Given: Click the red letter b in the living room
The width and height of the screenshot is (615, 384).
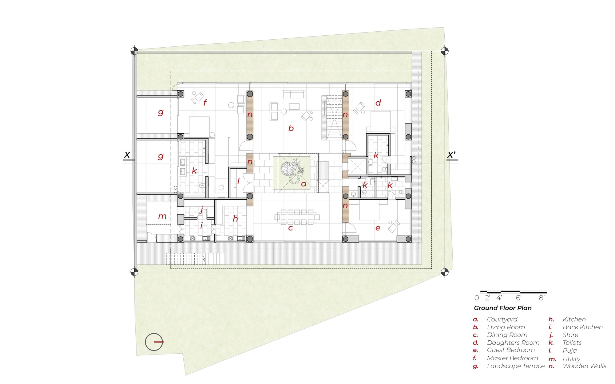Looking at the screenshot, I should click(291, 128).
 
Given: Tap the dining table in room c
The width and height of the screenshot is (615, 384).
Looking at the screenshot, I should click(297, 217).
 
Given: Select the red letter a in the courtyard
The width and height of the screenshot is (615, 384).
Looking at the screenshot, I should click(304, 184).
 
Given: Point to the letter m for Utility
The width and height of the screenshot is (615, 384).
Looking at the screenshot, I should click(162, 217).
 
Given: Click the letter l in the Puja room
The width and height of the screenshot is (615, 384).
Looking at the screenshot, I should click(238, 181).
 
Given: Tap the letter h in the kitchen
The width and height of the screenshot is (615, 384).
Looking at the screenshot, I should click(235, 219).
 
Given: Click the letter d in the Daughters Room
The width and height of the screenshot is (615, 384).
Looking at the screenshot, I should click(378, 103).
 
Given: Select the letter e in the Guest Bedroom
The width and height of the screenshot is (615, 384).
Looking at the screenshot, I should click(378, 228).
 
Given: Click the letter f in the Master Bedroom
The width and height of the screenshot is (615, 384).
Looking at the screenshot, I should click(205, 102).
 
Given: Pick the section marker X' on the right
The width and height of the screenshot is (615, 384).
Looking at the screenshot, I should click(451, 155).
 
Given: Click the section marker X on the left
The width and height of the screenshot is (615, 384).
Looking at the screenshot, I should click(127, 155).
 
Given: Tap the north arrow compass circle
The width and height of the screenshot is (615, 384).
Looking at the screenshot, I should click(154, 342).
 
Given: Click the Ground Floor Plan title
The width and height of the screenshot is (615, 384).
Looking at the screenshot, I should click(502, 308).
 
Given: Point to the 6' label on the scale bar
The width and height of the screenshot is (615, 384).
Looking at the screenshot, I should click(518, 298).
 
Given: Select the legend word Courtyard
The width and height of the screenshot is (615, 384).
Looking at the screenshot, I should click(502, 319).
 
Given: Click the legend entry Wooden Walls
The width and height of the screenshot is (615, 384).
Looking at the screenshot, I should click(584, 366).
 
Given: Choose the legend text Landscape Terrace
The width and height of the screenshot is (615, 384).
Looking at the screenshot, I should click(515, 366).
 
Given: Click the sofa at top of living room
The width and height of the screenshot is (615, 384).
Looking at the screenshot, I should click(293, 94).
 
